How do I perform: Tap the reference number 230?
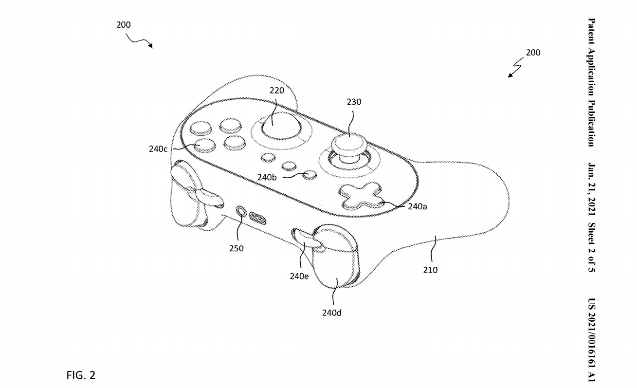tap(354, 102)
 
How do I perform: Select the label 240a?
tap(418, 206)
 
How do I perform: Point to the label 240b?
tap(267, 178)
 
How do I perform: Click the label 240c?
tap(159, 148)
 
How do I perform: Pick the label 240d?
tap(331, 313)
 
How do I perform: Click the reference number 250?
tap(236, 248)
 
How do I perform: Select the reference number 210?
tap(430, 270)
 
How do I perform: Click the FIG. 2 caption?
tap(81, 375)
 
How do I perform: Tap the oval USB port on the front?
tap(258, 217)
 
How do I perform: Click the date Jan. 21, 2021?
tap(592, 189)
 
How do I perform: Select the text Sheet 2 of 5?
tap(592, 247)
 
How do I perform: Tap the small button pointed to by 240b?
tap(309, 175)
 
